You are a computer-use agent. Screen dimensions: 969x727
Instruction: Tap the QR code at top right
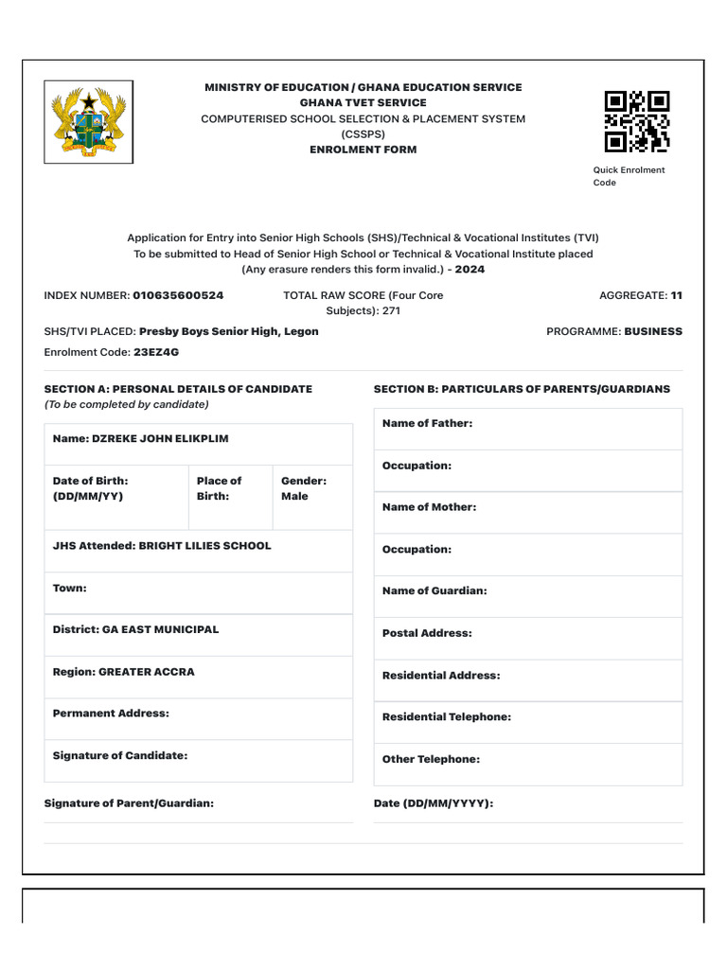637,121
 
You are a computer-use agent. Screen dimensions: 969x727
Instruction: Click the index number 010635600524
178,295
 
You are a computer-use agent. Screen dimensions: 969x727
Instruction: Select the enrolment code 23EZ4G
156,352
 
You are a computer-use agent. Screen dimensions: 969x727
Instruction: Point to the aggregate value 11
676,295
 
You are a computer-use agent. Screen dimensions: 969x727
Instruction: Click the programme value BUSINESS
652,332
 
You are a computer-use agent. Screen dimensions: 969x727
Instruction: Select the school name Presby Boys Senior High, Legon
228,332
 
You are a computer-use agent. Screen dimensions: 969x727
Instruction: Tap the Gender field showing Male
303,488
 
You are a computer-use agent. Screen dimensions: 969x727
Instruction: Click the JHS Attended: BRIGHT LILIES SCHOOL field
162,546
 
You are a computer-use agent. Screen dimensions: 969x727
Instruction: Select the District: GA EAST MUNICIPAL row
135,629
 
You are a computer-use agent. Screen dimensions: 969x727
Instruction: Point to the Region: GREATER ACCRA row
124,672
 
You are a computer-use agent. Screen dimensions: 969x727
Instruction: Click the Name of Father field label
427,424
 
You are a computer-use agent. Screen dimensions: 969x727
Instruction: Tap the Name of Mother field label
429,507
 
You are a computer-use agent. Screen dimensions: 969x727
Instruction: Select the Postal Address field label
427,633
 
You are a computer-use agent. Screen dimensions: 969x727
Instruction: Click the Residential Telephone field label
447,717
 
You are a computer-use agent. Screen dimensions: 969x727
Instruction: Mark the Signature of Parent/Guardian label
129,803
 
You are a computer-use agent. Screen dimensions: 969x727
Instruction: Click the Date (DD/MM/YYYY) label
434,803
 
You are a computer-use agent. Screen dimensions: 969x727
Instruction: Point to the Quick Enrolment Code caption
629,176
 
